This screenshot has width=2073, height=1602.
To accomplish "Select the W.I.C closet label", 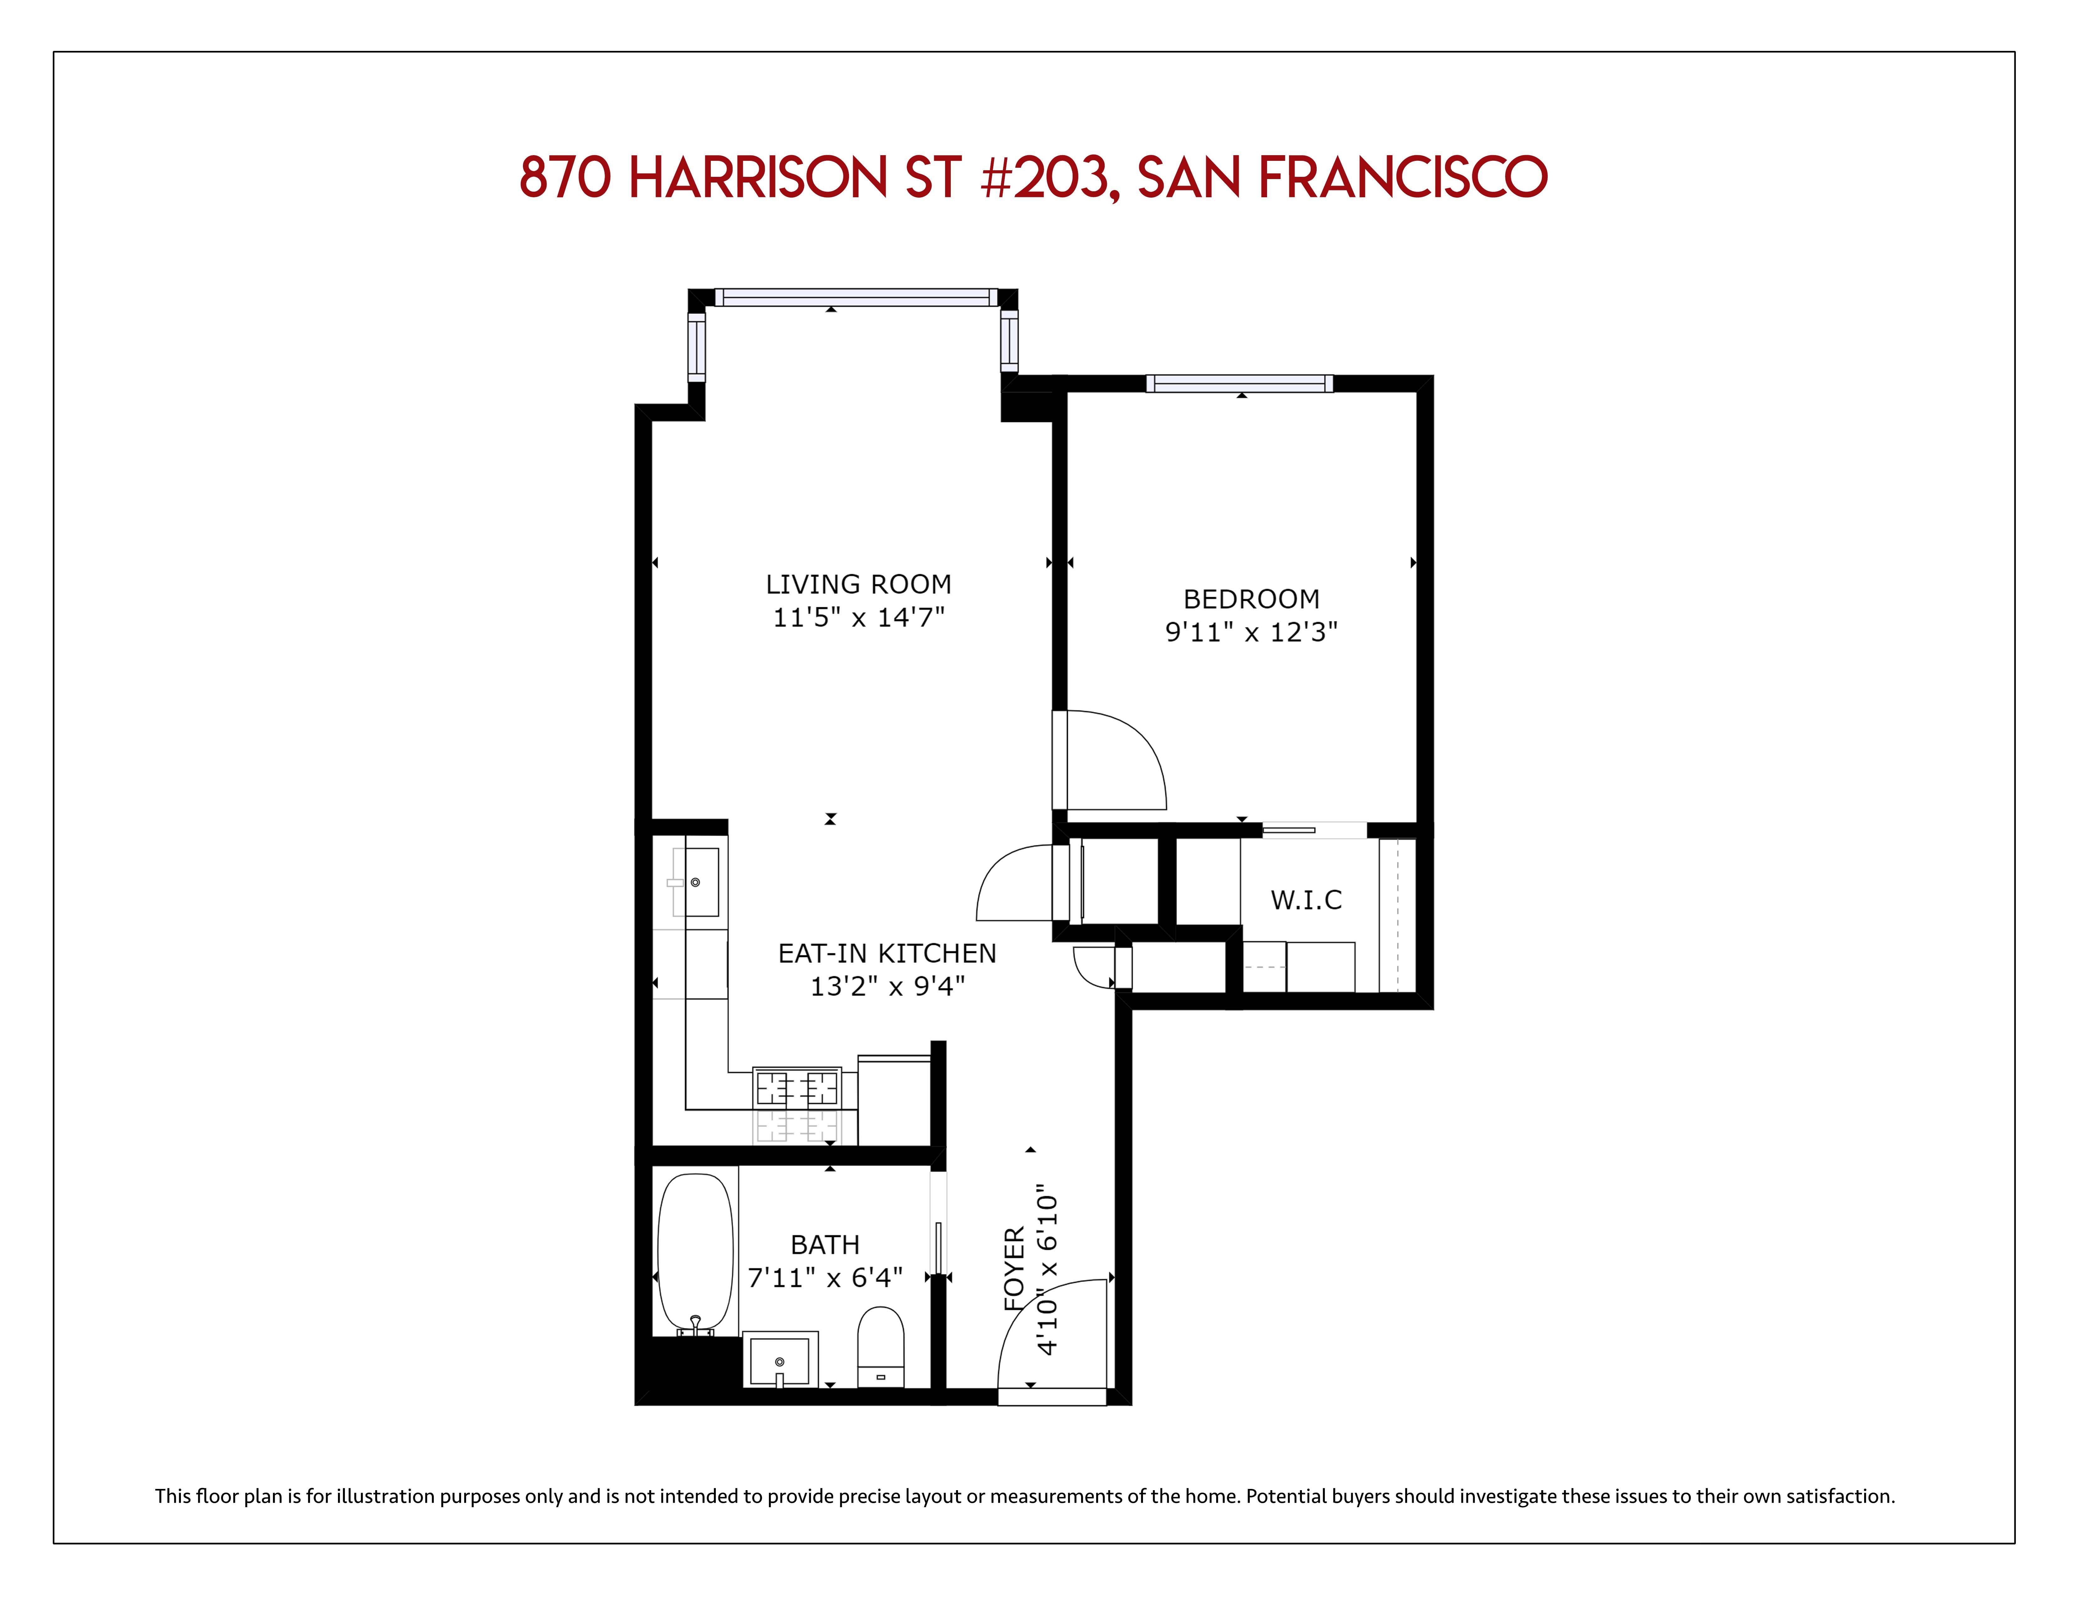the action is (1306, 900).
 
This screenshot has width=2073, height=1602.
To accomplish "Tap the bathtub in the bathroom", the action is (696, 1253).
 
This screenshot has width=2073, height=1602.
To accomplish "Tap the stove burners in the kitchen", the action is (796, 1087).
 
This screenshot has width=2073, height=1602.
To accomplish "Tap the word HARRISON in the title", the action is (758, 177).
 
